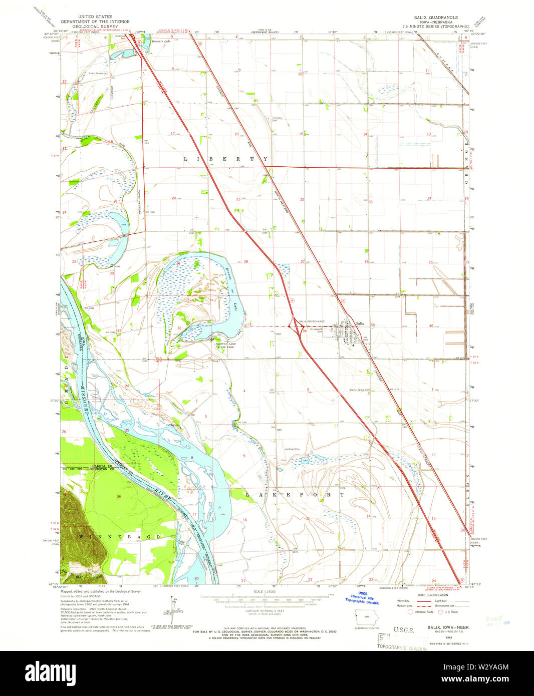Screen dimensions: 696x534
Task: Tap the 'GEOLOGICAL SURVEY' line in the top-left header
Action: pyautogui.click(x=95, y=26)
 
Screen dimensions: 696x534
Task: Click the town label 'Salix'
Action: pyautogui.click(x=360, y=323)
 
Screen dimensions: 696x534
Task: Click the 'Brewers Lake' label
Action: pyautogui.click(x=161, y=41)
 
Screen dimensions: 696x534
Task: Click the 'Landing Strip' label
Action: pyautogui.click(x=292, y=449)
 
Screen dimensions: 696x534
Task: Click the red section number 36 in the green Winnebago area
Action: pyautogui.click(x=118, y=496)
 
